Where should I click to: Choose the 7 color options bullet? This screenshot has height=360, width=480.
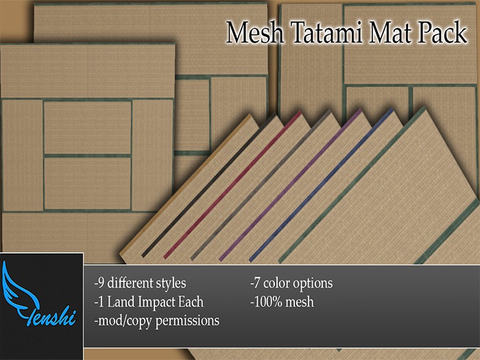[291, 283]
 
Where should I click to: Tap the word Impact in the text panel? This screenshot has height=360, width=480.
[158, 301]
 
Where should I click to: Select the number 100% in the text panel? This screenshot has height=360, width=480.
[267, 301]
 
